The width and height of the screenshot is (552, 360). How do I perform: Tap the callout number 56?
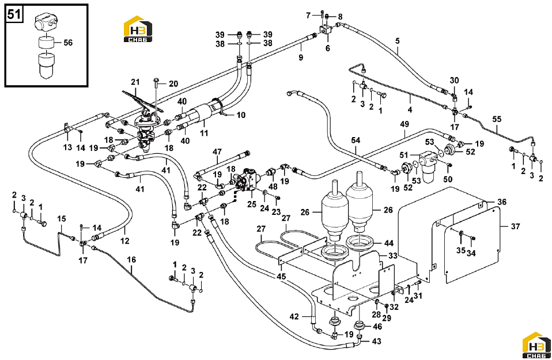pos(68,43)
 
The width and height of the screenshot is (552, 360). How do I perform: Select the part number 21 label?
pos(135,82)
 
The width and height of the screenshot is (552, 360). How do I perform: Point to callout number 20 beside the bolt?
pos(173,84)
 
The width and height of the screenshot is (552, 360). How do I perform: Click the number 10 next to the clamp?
pos(241,115)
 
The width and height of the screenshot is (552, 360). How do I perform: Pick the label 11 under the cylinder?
pos(204,133)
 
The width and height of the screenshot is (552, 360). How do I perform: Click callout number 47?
pos(217,151)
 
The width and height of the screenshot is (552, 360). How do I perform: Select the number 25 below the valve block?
pos(252,204)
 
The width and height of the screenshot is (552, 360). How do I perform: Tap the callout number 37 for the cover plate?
pos(515,226)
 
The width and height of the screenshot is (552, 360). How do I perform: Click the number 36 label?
pos(502,202)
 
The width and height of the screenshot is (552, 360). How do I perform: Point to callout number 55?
pos(497,119)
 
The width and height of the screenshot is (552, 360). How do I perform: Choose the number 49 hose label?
pos(404,124)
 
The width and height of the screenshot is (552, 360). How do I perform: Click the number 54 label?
pos(356,140)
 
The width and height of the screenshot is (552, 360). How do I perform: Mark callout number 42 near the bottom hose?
pos(294,317)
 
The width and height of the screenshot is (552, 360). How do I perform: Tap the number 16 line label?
pos(131,260)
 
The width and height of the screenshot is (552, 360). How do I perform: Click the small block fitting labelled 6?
pos(326,30)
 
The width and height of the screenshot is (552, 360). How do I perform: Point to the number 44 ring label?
pos(389,243)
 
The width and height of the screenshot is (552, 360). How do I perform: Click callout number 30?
pos(455,80)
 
